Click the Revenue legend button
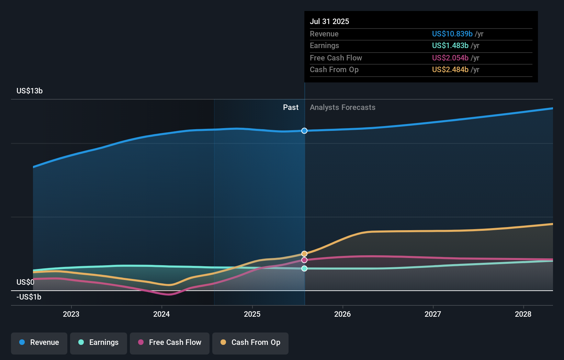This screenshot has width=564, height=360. point(39,342)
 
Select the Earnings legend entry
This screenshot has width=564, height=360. point(99,342)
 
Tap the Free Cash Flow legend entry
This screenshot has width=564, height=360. point(170,342)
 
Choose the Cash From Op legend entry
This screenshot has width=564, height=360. point(250,342)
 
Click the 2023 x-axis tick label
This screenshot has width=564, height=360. point(71,314)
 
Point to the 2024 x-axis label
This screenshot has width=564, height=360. point(161,314)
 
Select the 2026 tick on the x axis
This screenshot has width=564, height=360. point(342,314)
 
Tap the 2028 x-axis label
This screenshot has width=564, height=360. point(523,314)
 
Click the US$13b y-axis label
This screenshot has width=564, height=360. point(30,91)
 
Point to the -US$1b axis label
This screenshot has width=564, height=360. point(29,297)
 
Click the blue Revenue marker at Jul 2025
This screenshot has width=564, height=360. point(304,131)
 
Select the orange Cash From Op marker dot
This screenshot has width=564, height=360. point(304,254)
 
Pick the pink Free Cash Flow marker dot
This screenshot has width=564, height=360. point(304,260)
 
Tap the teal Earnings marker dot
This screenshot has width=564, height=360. point(304,268)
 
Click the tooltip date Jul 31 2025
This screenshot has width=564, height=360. point(329,21)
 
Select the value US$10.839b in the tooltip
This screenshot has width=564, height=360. point(452,34)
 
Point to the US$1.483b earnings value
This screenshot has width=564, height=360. point(450,45)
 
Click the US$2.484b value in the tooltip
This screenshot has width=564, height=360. point(450,69)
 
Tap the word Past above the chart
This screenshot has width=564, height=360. point(291,107)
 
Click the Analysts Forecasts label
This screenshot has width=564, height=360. point(342,107)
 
